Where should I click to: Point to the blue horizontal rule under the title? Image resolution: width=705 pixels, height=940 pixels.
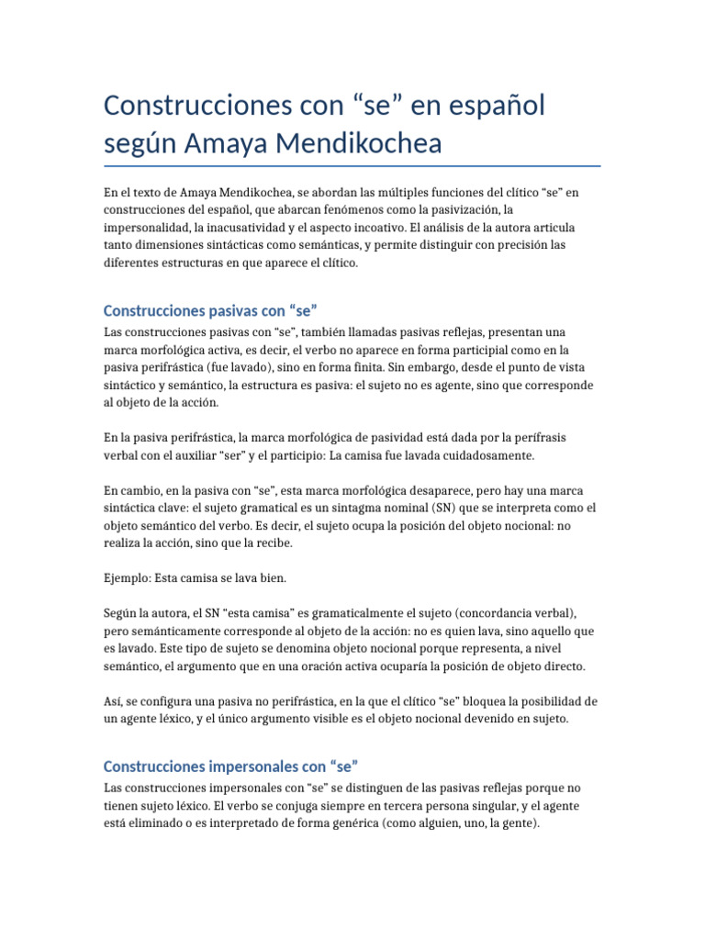point(352,166)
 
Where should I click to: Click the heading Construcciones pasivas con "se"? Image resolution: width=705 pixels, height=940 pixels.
point(210,310)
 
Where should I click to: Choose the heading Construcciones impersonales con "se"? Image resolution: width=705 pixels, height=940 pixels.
point(229,766)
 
